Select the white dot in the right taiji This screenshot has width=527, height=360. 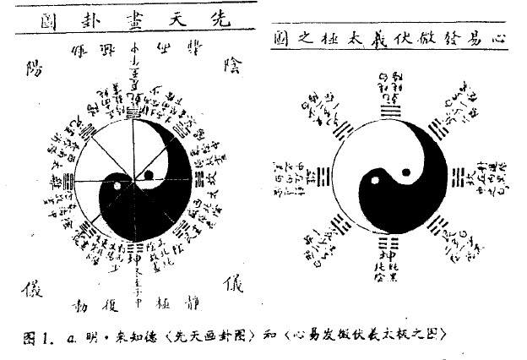pyautogui.click(x=405, y=172)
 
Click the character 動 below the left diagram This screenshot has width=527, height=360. pyautogui.click(x=79, y=302)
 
